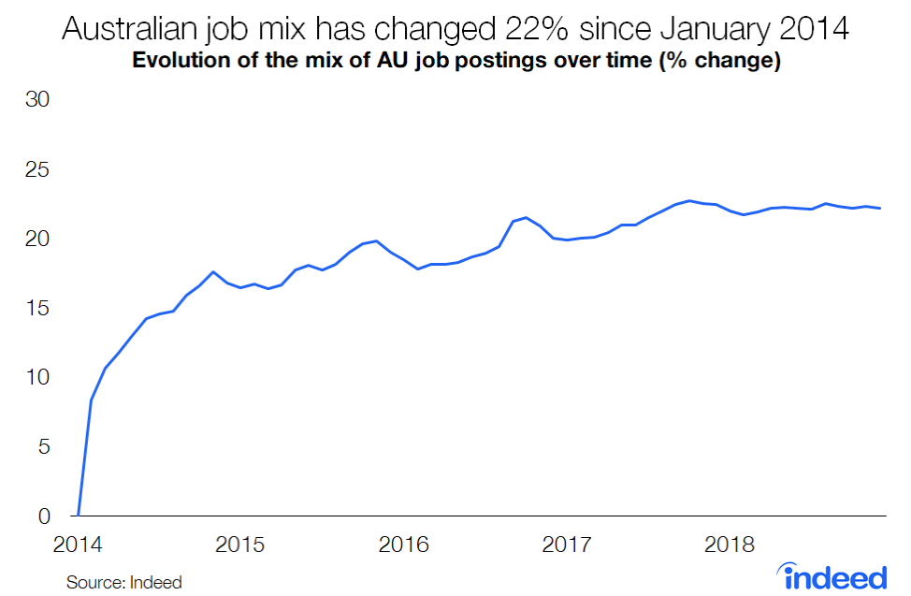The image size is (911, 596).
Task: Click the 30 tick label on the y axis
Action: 36,101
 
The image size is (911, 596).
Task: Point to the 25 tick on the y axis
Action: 36,170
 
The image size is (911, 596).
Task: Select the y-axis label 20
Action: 36,240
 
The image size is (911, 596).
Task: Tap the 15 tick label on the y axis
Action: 36,309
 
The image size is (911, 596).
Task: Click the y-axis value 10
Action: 36,378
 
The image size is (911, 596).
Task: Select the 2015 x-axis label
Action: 240,545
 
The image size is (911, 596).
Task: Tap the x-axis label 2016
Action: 403,545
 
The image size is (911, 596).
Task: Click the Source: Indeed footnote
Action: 123,582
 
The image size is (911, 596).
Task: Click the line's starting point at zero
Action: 79,516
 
